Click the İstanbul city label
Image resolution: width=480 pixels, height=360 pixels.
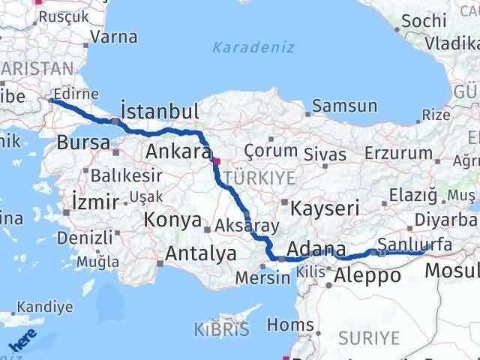click(x=160, y=112)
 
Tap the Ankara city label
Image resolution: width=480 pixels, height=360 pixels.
click(x=177, y=151)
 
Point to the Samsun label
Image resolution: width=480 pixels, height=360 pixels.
click(x=344, y=106)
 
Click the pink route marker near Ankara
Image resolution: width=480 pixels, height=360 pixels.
click(x=217, y=161)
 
